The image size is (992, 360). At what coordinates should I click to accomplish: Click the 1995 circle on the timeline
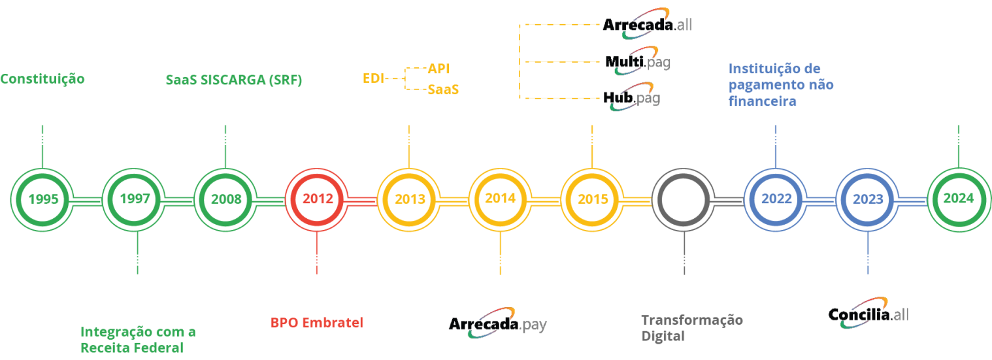[x=42, y=199]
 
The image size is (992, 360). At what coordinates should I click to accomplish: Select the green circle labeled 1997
[x=135, y=199]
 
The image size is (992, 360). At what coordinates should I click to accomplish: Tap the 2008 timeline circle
[x=226, y=199]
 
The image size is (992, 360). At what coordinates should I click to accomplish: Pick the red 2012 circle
[x=318, y=199]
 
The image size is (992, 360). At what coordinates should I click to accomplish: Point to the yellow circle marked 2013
[x=409, y=199]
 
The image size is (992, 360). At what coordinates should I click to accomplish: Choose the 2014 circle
[x=501, y=199]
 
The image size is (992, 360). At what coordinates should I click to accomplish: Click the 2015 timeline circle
[x=592, y=199]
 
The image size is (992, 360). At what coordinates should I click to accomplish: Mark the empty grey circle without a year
[x=684, y=199]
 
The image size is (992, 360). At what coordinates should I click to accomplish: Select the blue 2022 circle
[x=775, y=199]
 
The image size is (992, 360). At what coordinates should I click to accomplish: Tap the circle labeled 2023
[x=867, y=199]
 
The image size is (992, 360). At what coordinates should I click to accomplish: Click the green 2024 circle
[x=958, y=199]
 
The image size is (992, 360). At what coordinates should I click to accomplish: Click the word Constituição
[x=42, y=80]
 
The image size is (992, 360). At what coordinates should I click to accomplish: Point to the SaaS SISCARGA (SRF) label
[x=233, y=80]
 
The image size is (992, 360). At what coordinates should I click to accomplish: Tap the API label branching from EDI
[x=438, y=69]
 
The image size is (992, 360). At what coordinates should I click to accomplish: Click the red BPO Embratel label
[x=317, y=323]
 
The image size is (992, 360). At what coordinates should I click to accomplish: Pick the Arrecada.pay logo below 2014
[x=498, y=324]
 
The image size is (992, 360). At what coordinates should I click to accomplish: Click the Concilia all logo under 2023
[x=868, y=314]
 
